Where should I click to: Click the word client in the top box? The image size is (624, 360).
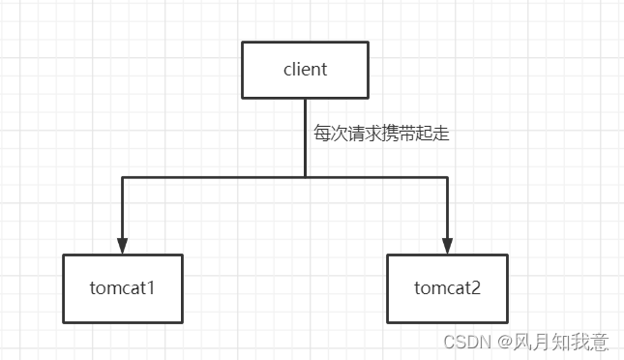[305, 70]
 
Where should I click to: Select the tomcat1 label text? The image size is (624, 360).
[123, 288]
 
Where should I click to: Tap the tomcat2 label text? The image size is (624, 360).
[446, 288]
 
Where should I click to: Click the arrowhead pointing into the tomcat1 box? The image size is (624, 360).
[123, 246]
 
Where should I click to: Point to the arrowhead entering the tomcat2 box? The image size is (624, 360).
[447, 246]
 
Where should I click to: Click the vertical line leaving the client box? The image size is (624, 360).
[305, 135]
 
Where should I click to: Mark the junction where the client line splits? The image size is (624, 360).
[305, 177]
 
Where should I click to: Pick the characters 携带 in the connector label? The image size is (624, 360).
[400, 135]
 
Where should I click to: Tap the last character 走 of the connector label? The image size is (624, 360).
[441, 135]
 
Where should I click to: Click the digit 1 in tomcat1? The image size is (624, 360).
[152, 288]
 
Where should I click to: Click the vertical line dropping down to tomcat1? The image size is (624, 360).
[123, 208]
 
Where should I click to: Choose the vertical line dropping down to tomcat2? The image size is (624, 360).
[447, 208]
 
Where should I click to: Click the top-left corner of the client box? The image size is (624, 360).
[242, 42]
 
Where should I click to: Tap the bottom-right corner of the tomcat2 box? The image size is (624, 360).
[508, 322]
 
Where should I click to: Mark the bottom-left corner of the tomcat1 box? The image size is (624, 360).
[64, 322]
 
